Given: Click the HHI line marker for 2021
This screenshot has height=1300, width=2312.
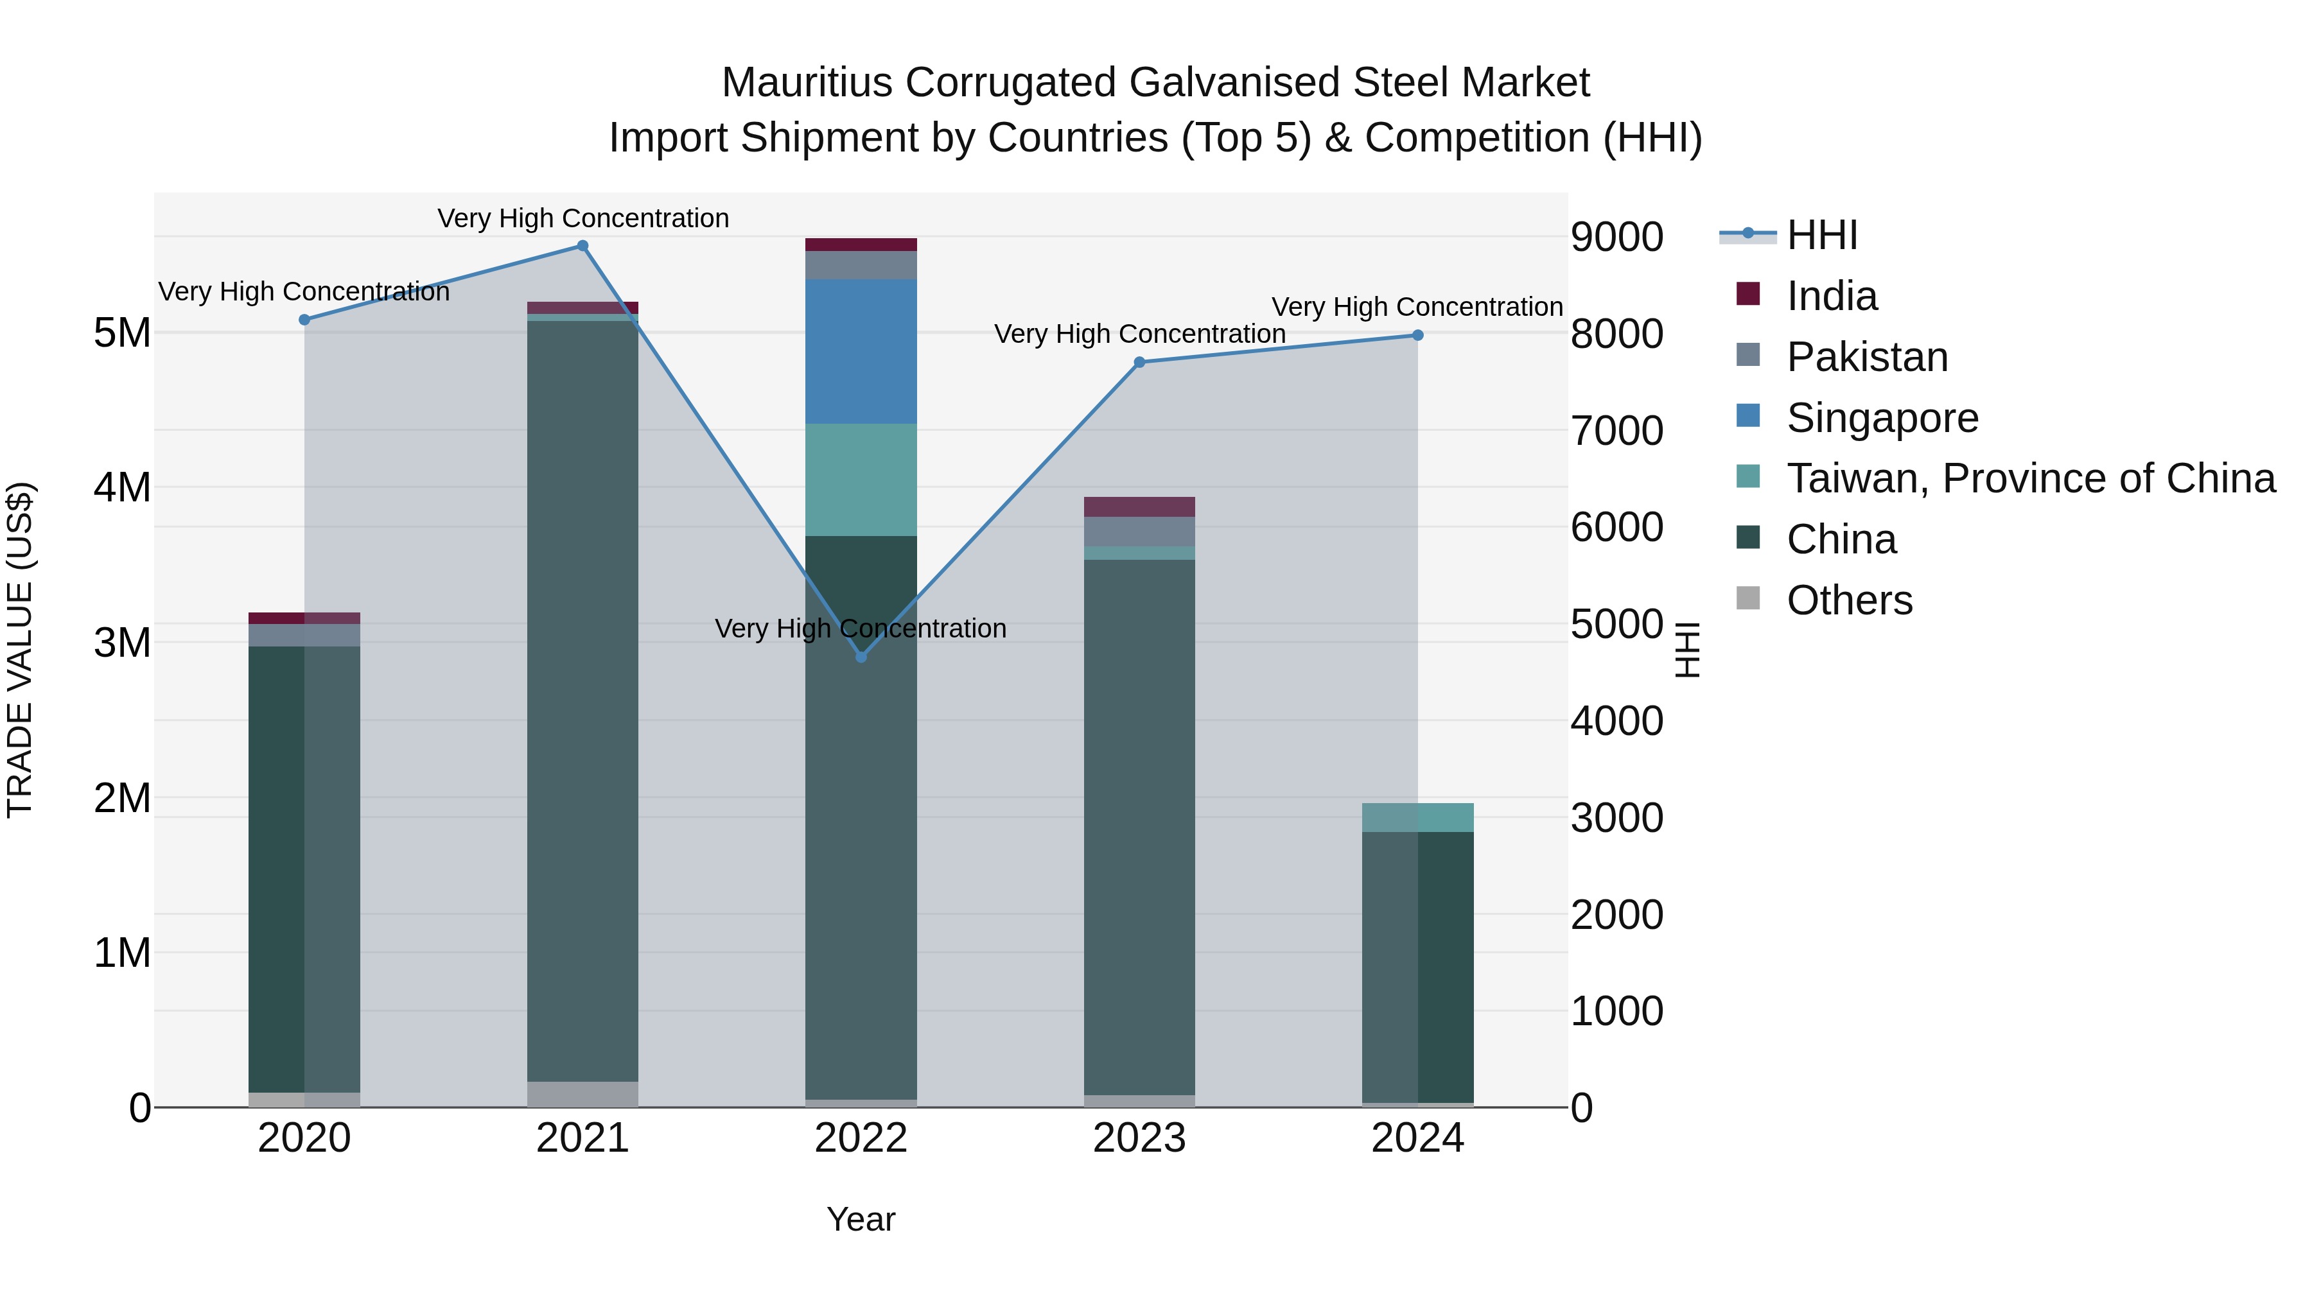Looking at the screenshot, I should pyautogui.click(x=582, y=246).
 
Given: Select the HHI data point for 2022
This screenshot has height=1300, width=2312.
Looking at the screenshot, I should pyautogui.click(x=861, y=657).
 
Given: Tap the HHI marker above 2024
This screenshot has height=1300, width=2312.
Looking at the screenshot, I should pyautogui.click(x=1417, y=336).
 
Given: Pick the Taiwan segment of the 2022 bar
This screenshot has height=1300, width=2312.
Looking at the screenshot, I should pyautogui.click(x=861, y=480).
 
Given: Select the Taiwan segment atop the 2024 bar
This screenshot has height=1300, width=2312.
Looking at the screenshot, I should pyautogui.click(x=1417, y=817).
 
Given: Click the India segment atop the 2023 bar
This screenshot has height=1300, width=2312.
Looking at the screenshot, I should pyautogui.click(x=1139, y=507).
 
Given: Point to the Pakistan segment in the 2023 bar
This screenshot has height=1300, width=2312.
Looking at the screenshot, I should pyautogui.click(x=1139, y=531).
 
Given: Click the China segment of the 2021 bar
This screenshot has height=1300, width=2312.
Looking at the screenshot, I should pyautogui.click(x=582, y=700).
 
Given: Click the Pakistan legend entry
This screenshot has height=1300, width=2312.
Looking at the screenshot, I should pyautogui.click(x=1867, y=357).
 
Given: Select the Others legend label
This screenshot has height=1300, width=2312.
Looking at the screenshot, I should pyautogui.click(x=1849, y=600).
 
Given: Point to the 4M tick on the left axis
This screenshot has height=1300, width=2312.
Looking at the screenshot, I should pyautogui.click(x=122, y=487).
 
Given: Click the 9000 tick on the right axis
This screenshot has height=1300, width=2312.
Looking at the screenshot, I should pyautogui.click(x=1616, y=237).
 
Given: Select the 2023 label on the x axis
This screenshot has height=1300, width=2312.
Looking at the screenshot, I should pyautogui.click(x=1139, y=1138).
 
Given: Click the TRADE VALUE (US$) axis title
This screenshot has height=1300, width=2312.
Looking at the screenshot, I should pyautogui.click(x=20, y=650).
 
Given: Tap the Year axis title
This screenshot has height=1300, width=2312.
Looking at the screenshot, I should pyautogui.click(x=861, y=1219).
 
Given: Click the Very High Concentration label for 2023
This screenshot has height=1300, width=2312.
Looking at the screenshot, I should pyautogui.click(x=1139, y=334).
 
